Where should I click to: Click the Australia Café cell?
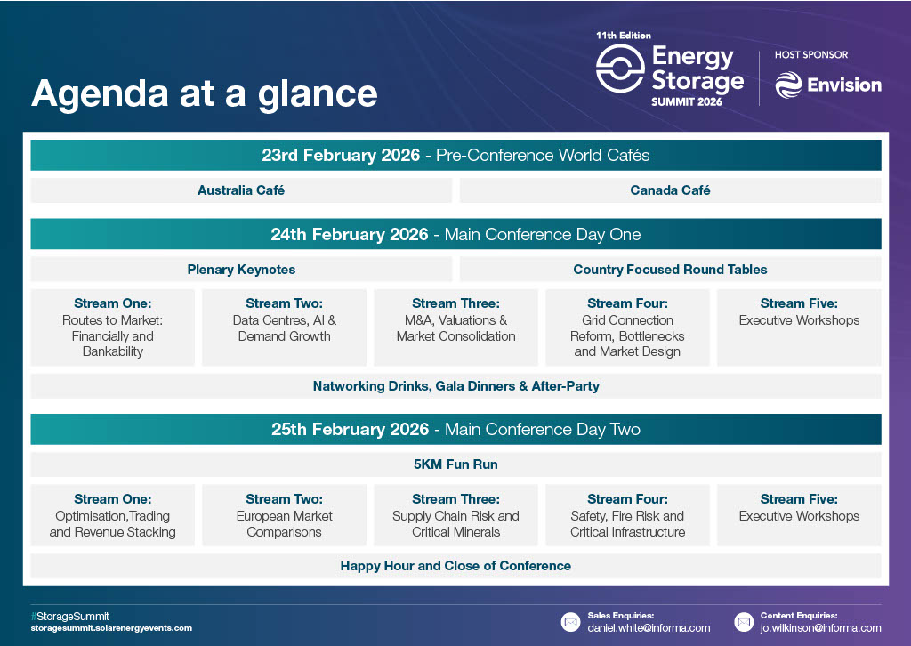click(x=241, y=190)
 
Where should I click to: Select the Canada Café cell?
click(x=670, y=190)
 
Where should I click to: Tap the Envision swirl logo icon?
click(x=788, y=85)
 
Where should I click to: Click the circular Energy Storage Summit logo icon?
click(x=620, y=69)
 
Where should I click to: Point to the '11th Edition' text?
click(x=624, y=36)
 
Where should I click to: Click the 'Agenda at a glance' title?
click(x=205, y=94)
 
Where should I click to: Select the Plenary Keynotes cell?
click(x=241, y=270)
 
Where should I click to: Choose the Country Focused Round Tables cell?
click(x=670, y=270)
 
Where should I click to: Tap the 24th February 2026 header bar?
click(x=455, y=234)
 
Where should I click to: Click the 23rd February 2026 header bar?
click(x=455, y=155)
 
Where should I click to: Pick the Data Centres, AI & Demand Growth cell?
click(x=284, y=327)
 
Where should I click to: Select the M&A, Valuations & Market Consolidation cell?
click(x=455, y=327)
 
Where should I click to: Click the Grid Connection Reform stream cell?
click(x=627, y=327)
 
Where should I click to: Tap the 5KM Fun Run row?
click(x=455, y=464)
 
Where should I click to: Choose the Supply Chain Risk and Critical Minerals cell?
click(x=455, y=515)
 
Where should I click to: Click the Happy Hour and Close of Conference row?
click(x=455, y=566)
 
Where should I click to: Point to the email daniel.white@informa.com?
click(x=649, y=628)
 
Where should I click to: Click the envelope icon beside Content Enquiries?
click(x=744, y=622)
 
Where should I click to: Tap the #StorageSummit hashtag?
click(x=69, y=617)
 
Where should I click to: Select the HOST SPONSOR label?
click(x=811, y=54)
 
